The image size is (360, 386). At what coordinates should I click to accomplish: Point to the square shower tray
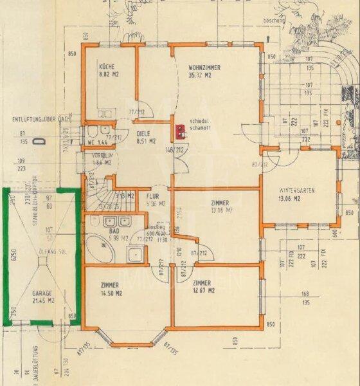(x=137, y=255)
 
